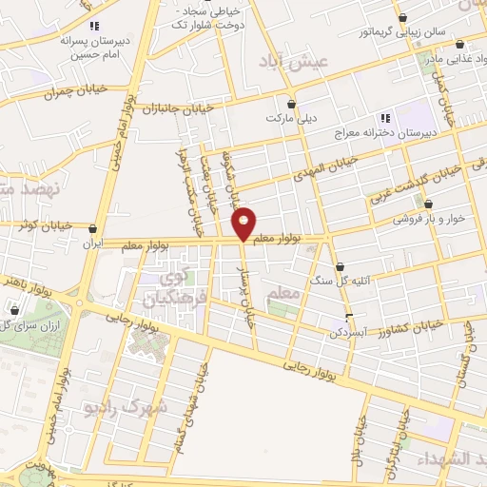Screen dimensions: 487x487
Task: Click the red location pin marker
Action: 243,223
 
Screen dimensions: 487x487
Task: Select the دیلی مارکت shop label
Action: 291,121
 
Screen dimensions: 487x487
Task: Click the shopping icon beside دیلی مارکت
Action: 291,105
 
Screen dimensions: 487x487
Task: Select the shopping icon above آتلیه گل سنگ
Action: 340,267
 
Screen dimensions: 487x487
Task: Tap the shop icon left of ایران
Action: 92,229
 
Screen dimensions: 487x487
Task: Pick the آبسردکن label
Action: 348,332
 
